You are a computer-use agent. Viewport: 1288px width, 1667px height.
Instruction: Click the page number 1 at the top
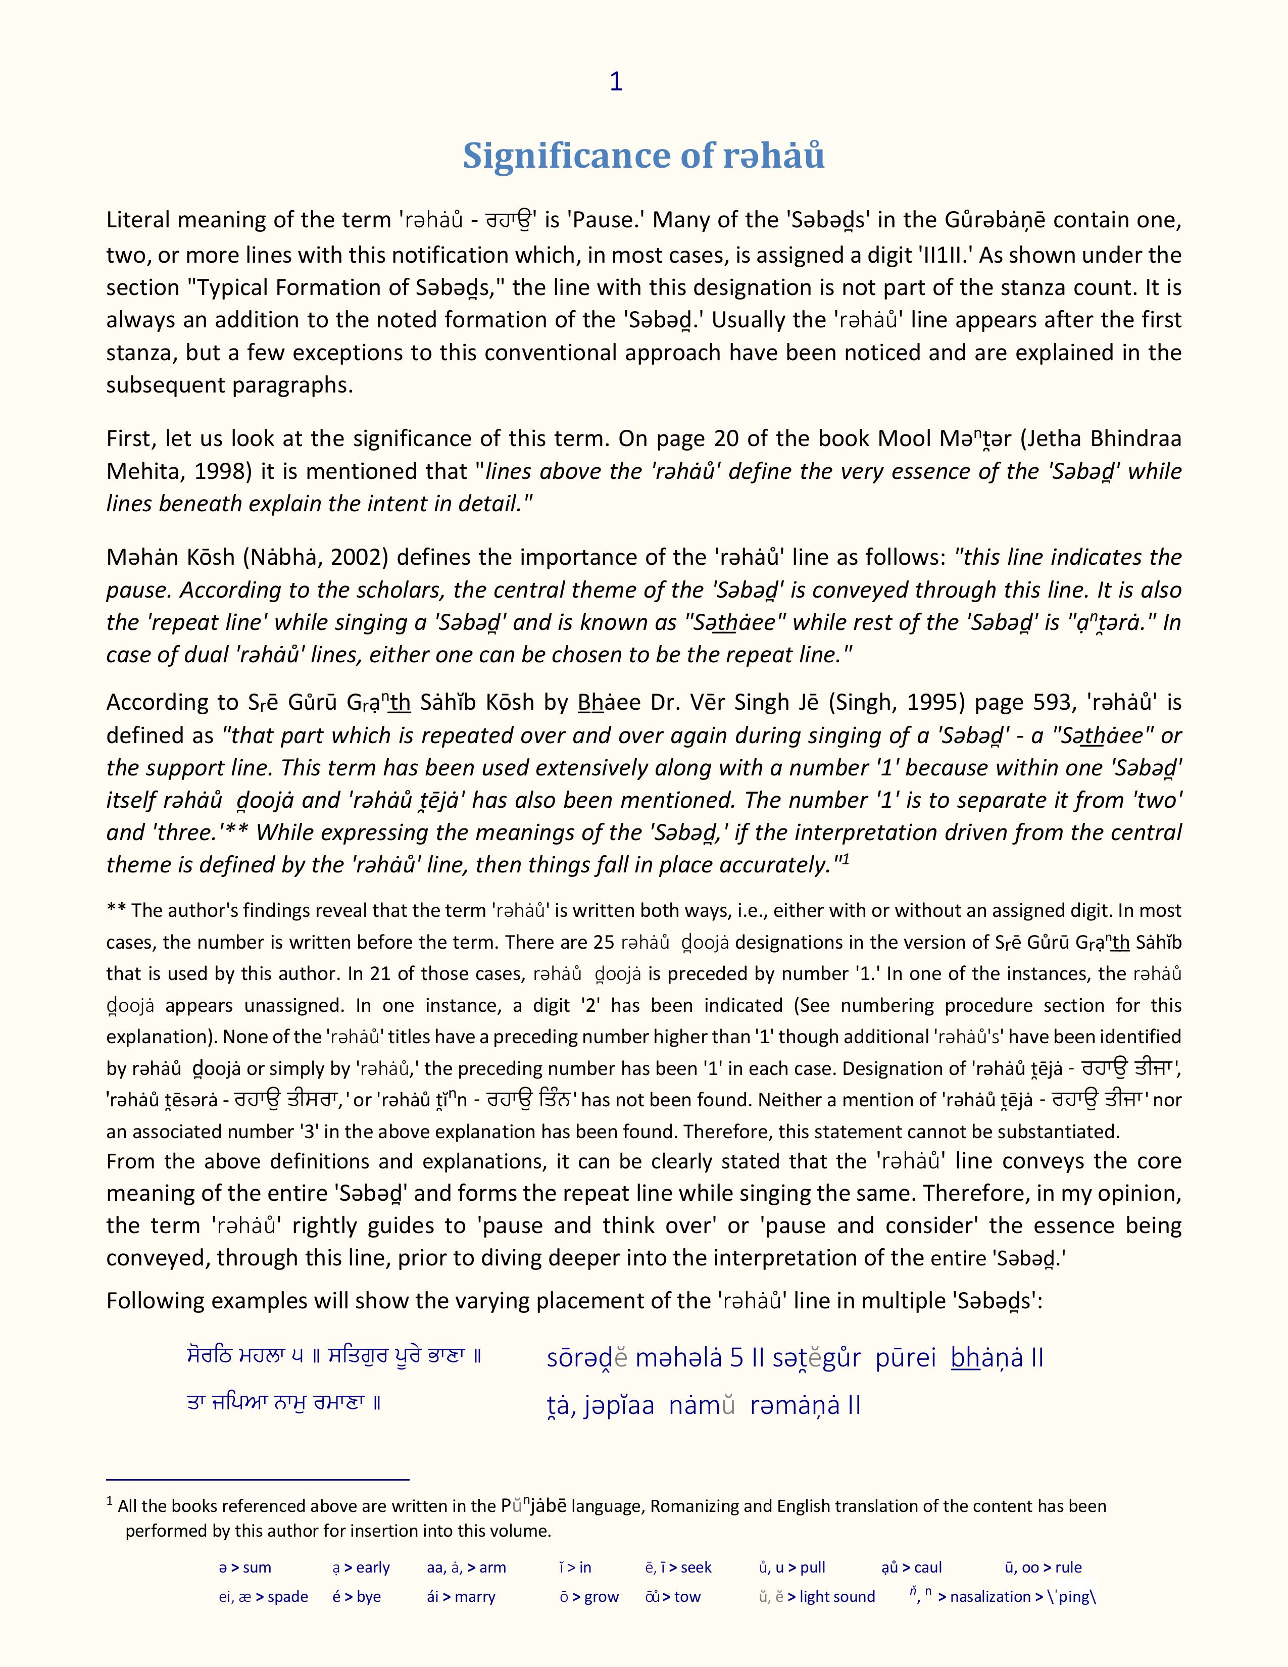pos(616,82)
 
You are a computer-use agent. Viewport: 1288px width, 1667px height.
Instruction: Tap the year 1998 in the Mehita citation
pos(221,472)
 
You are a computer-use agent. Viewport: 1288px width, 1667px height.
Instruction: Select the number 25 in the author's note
pos(604,943)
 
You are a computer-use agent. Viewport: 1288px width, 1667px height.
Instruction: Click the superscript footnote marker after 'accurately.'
pos(846,859)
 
